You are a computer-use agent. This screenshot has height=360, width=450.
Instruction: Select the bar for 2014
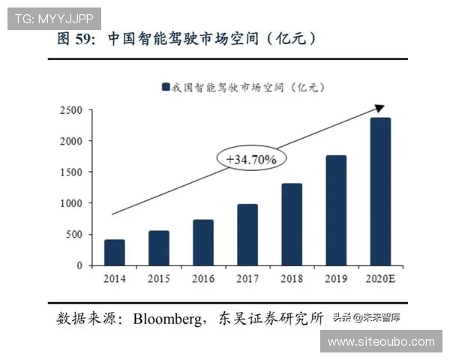click(115, 253)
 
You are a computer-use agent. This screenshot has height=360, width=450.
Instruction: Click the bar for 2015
click(158, 248)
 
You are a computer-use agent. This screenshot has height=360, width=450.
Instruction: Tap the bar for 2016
click(203, 242)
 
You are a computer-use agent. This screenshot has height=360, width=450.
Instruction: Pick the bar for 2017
click(247, 235)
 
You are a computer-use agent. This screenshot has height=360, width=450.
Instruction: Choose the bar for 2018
click(292, 224)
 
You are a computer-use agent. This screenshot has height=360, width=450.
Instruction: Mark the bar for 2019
click(336, 210)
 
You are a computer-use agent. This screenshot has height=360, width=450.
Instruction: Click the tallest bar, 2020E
click(380, 191)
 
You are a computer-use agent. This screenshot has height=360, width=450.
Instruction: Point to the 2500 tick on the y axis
click(72, 110)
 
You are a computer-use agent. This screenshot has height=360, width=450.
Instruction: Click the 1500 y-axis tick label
click(72, 172)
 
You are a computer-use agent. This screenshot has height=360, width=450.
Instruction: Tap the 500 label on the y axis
click(75, 235)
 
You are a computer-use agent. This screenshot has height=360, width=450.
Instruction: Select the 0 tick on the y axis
click(79, 265)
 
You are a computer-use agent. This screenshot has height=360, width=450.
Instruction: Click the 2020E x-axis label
click(380, 279)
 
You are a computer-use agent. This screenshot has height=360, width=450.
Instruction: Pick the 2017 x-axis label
click(247, 279)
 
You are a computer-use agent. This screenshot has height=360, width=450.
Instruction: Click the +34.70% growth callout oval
click(246, 159)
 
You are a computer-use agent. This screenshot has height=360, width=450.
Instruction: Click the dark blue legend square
click(165, 88)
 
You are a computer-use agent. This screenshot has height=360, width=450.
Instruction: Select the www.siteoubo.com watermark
click(381, 342)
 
